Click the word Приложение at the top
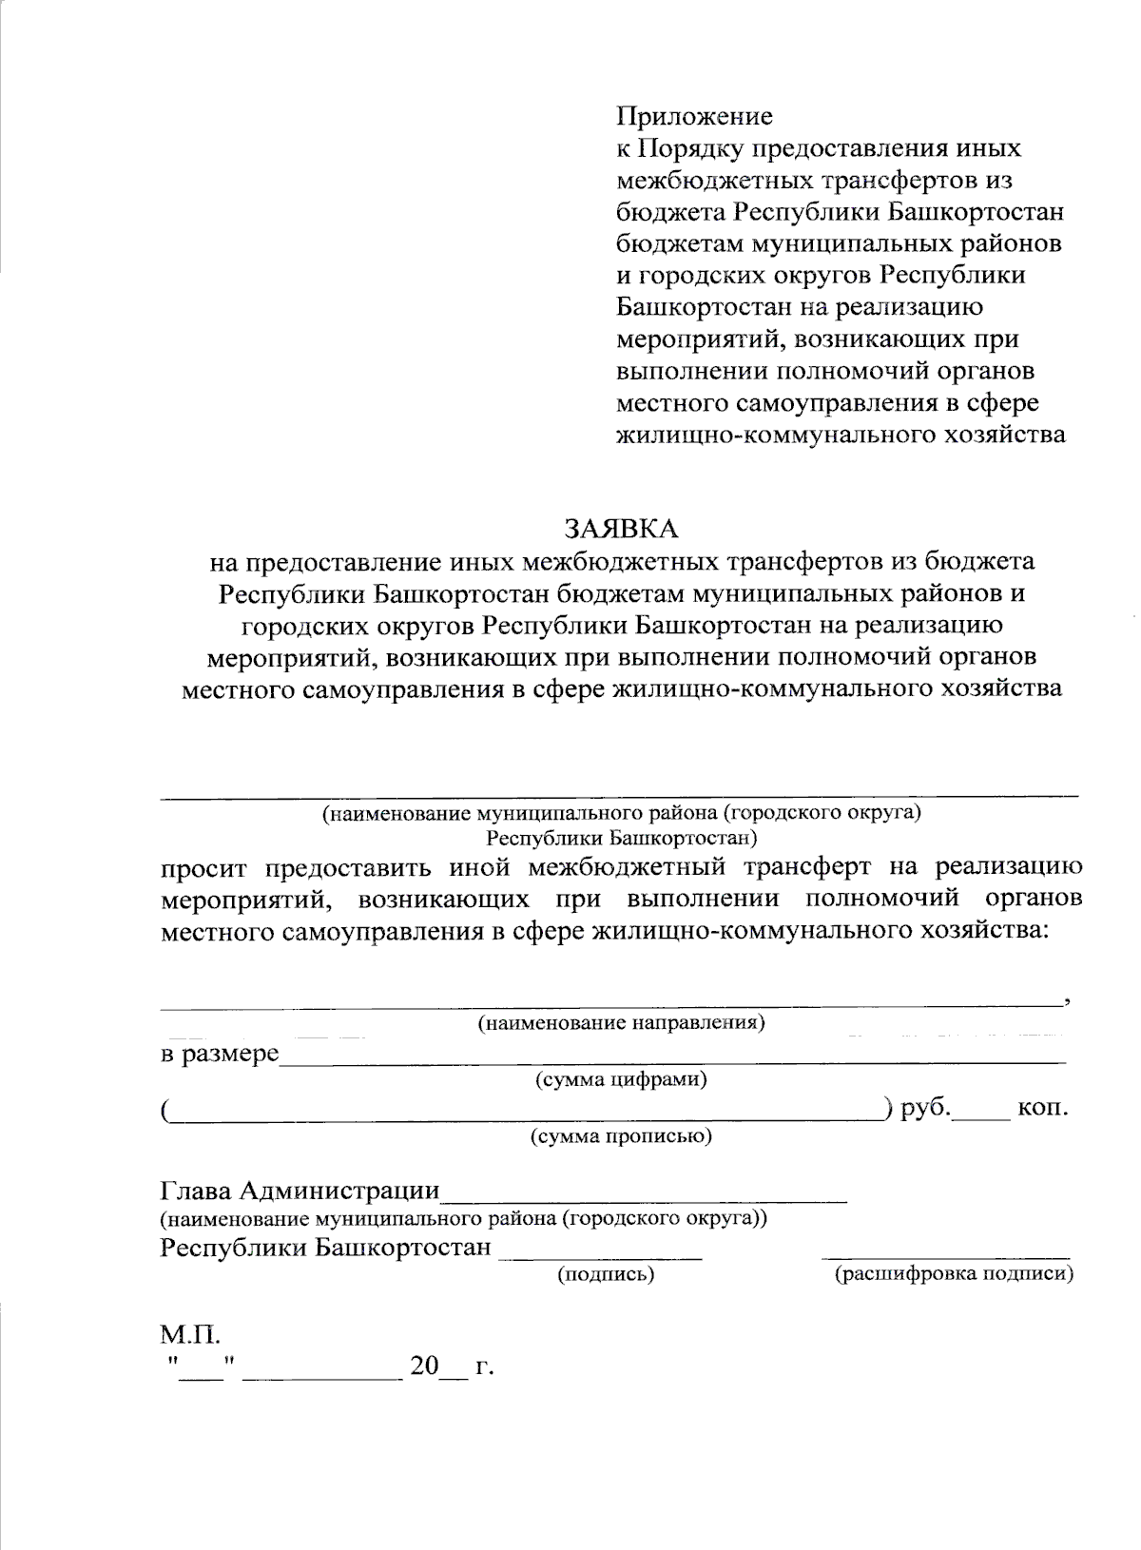click(694, 117)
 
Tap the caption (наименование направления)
click(621, 1023)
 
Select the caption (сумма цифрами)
click(621, 1079)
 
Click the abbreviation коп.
click(1043, 1108)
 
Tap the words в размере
click(219, 1054)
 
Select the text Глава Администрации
click(300, 1191)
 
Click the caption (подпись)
click(606, 1274)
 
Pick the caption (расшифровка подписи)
click(953, 1274)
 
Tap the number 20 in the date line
click(424, 1367)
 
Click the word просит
click(203, 867)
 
